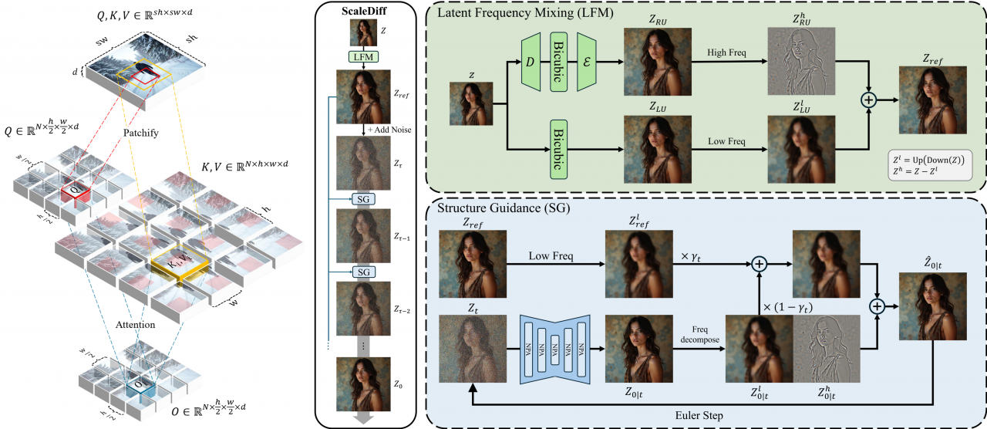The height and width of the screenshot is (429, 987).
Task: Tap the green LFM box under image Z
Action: (x=362, y=58)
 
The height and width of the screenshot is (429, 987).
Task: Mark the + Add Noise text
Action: (x=388, y=129)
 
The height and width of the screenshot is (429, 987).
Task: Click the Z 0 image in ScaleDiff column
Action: (x=362, y=383)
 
